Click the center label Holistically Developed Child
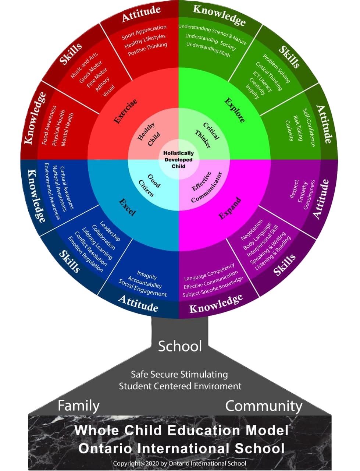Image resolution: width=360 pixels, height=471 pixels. [178, 160]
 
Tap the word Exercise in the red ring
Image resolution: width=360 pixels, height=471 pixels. [125, 111]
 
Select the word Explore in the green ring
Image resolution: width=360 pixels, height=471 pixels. [234, 110]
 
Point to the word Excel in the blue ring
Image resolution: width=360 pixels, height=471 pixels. [127, 207]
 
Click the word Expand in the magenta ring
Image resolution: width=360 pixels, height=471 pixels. [230, 208]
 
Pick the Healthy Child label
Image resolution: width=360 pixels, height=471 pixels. [149, 134]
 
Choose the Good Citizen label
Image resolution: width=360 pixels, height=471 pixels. [149, 185]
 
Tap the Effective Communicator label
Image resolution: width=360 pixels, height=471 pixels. [206, 187]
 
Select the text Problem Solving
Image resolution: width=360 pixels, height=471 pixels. [277, 68]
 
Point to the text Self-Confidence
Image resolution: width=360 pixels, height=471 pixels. [309, 128]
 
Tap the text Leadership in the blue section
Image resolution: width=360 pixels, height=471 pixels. [110, 231]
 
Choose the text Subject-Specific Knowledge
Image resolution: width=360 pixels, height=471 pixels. [213, 287]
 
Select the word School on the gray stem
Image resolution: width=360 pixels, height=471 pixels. [180, 346]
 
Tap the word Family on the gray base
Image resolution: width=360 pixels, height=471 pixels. [78, 406]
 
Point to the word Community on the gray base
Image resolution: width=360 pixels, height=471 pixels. [264, 406]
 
